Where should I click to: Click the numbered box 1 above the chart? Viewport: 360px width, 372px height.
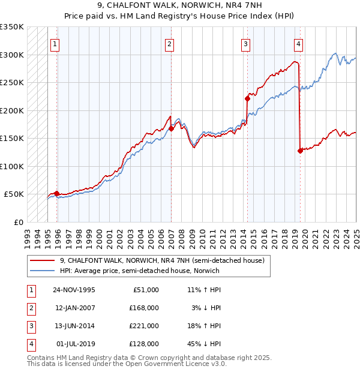click(55, 43)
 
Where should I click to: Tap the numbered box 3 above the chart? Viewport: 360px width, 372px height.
click(245, 43)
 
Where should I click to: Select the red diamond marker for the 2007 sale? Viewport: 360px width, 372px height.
click(172, 128)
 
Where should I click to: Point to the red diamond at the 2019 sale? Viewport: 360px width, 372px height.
click(299, 151)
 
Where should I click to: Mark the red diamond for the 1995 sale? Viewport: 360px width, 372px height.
click(57, 193)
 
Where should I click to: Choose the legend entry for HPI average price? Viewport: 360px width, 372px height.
click(139, 271)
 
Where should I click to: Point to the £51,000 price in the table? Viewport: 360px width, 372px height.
click(145, 289)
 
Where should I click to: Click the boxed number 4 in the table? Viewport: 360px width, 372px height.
click(30, 344)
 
